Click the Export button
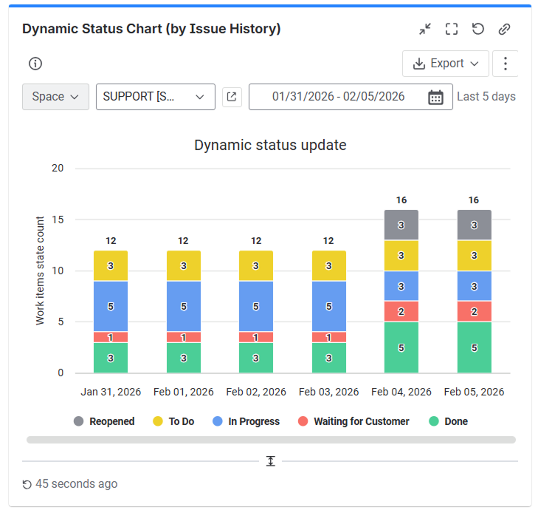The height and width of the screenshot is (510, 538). click(x=445, y=64)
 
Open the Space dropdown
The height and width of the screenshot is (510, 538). click(x=55, y=97)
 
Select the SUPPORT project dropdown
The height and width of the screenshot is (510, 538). click(x=155, y=97)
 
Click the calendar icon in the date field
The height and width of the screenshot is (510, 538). click(x=435, y=98)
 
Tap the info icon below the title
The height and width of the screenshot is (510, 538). click(x=35, y=64)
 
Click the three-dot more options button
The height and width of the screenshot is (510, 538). click(x=506, y=64)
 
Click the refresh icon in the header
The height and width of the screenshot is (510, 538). click(x=478, y=29)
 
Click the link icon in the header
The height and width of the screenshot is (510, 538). click(x=505, y=29)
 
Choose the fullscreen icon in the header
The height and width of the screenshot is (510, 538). click(x=452, y=29)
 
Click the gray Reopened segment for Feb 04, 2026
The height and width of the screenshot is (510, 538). click(x=401, y=225)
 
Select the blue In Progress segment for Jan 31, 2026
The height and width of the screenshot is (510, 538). click(x=111, y=306)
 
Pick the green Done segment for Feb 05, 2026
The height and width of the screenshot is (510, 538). click(x=474, y=347)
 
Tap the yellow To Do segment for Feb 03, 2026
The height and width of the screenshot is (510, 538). click(x=328, y=265)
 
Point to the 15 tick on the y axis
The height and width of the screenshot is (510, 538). click(x=58, y=220)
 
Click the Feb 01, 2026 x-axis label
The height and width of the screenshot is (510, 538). click(x=183, y=392)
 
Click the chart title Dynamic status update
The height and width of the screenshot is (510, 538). click(x=270, y=145)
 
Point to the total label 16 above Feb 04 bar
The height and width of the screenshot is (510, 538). click(x=401, y=200)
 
